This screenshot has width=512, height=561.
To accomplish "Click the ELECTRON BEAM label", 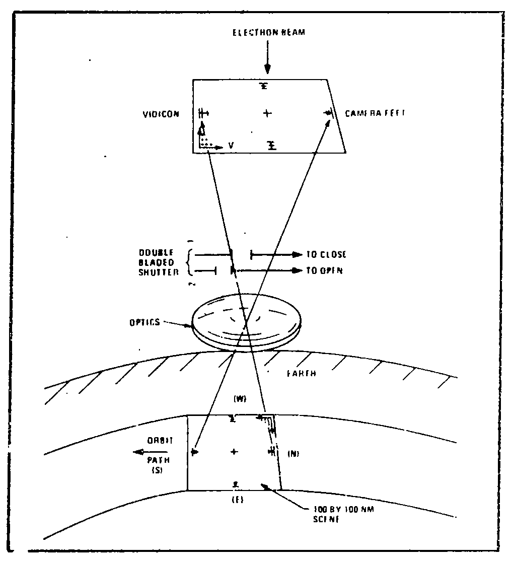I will [x=268, y=33].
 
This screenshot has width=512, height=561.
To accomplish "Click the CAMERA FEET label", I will [x=375, y=114].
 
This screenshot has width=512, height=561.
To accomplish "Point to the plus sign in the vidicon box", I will [x=267, y=114].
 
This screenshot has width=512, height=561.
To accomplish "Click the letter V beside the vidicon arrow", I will [x=231, y=146].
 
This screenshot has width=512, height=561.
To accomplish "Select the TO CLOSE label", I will [x=326, y=255].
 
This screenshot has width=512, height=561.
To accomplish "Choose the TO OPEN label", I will [x=324, y=271].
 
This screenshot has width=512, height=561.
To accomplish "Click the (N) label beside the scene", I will [x=293, y=454].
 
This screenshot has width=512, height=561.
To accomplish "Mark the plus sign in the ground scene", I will [x=234, y=452].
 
